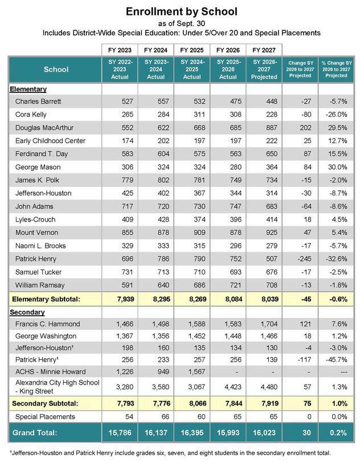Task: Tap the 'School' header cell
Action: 56,69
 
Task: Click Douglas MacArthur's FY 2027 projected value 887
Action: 261,127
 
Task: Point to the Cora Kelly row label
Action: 31,114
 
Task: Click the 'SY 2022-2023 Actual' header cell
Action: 120,69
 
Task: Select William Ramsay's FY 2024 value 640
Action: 156,284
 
